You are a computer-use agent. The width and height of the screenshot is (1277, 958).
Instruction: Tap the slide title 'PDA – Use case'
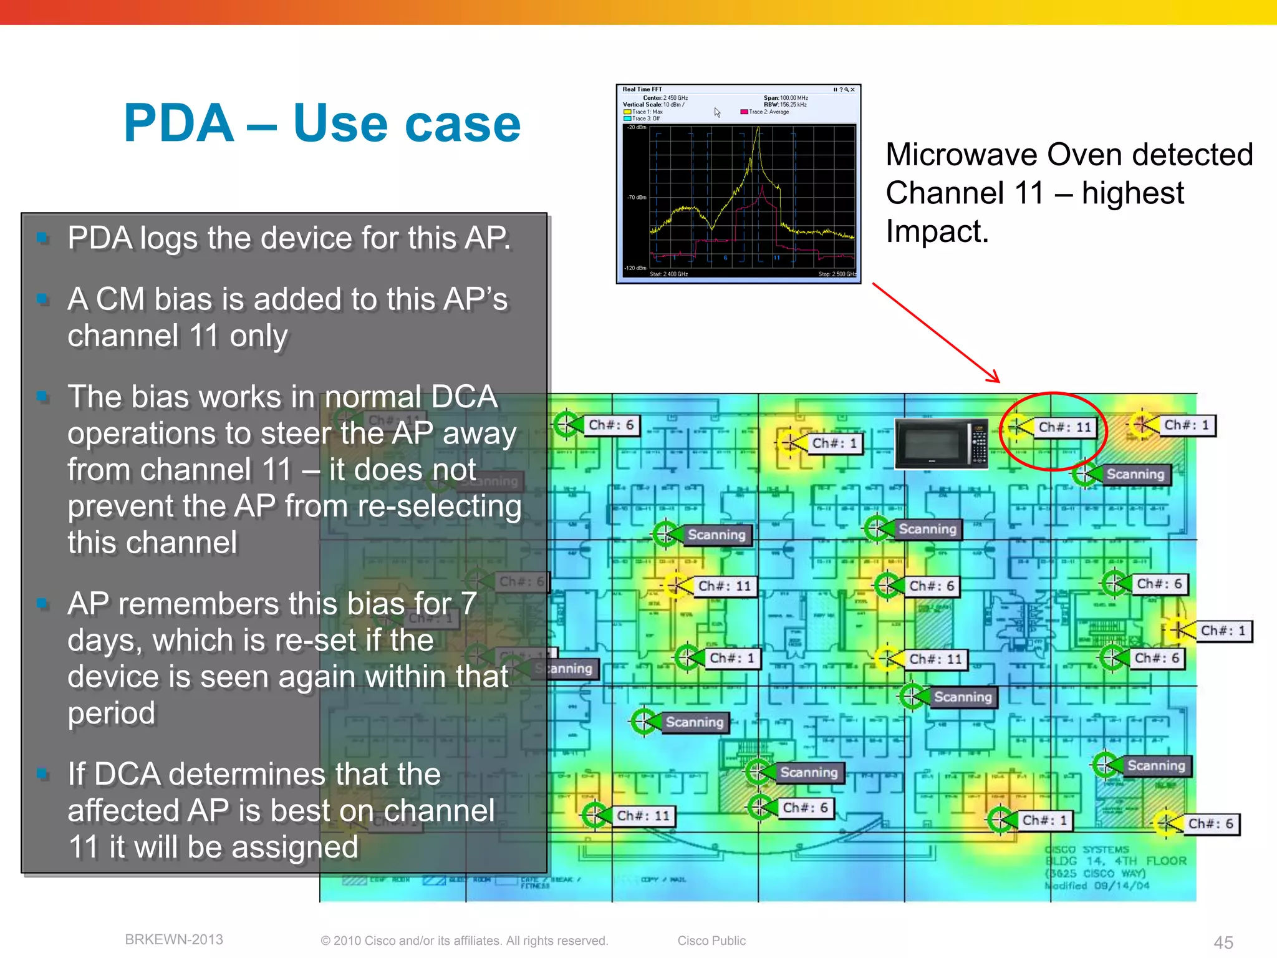322,123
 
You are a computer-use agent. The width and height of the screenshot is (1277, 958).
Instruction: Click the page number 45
1223,942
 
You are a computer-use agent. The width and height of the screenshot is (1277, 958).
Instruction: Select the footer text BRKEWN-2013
174,939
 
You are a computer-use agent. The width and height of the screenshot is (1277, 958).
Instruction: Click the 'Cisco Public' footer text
711,941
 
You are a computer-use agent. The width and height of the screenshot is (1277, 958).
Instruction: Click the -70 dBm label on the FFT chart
636,198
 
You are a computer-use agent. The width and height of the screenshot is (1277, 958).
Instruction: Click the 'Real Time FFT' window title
642,90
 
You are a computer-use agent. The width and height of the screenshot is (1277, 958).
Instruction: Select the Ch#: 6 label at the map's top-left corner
611,425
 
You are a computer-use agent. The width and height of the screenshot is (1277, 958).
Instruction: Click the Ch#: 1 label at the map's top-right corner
1187,425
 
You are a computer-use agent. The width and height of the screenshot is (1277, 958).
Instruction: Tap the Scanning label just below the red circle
1135,474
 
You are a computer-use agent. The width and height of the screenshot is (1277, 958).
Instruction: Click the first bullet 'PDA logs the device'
289,238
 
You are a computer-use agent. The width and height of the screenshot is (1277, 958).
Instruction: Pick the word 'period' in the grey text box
112,713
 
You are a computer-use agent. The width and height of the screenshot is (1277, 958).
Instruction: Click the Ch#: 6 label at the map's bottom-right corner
1210,823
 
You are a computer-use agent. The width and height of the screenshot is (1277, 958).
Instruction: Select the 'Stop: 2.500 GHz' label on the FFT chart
837,274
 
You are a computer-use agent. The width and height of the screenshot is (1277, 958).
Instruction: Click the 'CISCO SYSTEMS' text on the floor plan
1086,849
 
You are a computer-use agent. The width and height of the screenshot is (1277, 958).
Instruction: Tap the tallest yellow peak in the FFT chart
758,130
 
